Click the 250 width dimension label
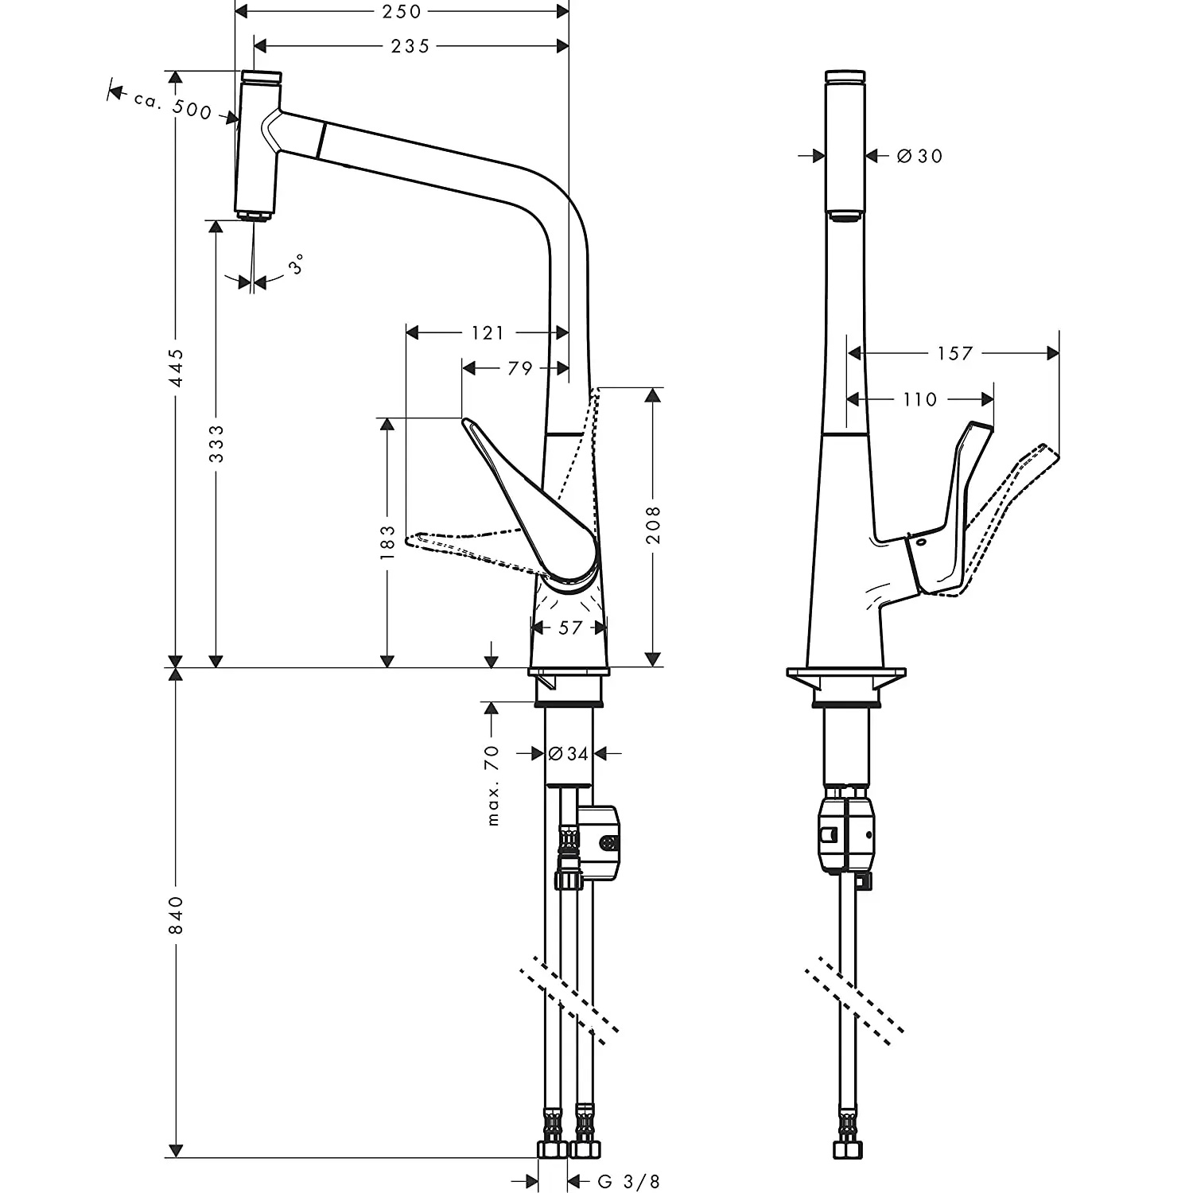click(402, 12)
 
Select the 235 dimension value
click(410, 47)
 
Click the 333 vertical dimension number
click(216, 444)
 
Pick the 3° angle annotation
click(297, 264)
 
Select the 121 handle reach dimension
click(488, 332)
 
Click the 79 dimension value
click(520, 369)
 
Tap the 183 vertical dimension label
click(387, 542)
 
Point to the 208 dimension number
click(653, 525)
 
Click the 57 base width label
click(570, 628)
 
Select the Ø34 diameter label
click(569, 753)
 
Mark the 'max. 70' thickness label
click(492, 785)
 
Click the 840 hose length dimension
click(177, 915)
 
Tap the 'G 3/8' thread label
click(629, 1181)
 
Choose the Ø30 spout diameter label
click(919, 156)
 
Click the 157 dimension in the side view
click(954, 353)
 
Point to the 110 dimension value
click(920, 399)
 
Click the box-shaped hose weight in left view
click(599, 844)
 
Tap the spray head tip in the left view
click(255, 216)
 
